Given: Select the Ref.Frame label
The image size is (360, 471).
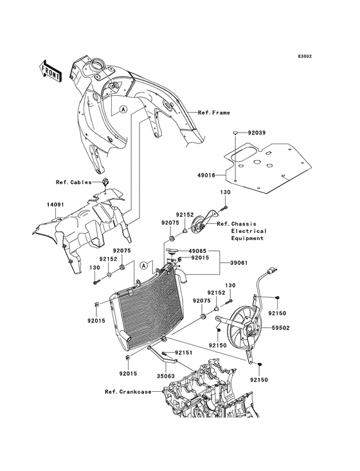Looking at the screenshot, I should click(213, 113).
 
